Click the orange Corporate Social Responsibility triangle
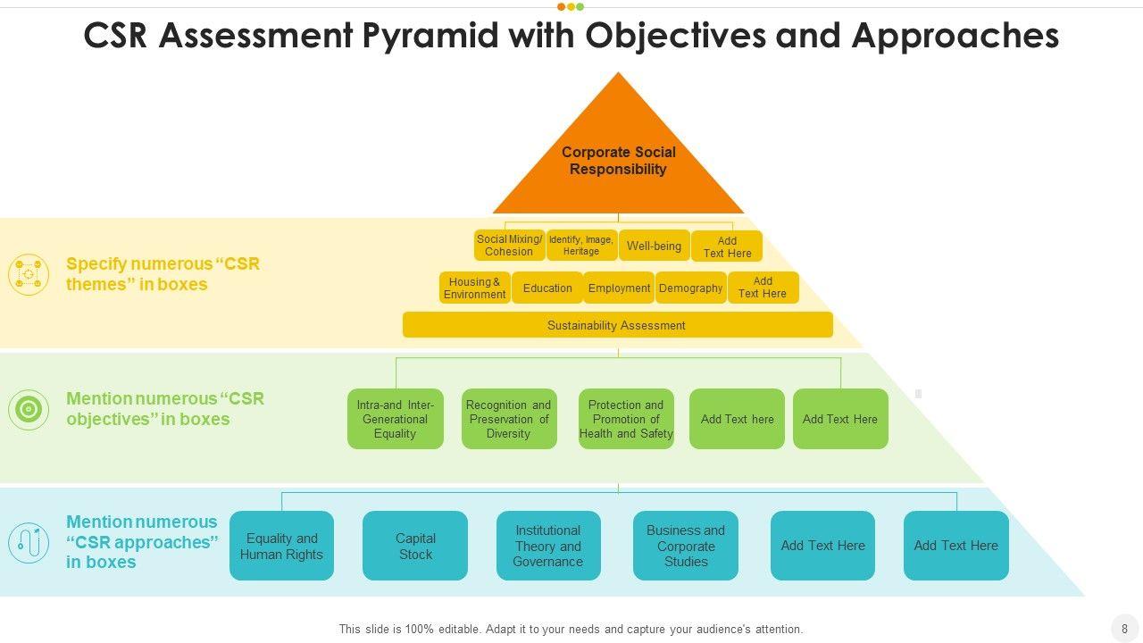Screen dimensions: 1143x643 coord(619,153)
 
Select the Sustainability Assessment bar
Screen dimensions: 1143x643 coord(617,325)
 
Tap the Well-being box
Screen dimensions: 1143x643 coord(655,246)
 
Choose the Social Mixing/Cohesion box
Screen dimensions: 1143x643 coord(509,246)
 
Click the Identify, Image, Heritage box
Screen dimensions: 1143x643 coord(581,246)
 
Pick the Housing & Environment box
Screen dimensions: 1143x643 coord(474,288)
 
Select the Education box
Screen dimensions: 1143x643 coord(547,288)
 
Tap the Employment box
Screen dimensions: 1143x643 coord(619,288)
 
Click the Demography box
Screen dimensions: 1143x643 coord(691,288)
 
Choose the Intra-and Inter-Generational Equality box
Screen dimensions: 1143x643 coord(396,419)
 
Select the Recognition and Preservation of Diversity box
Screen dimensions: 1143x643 coord(509,419)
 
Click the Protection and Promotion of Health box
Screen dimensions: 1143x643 coord(626,419)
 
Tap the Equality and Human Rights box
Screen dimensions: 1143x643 coord(281,546)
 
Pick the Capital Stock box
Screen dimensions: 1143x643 coord(415,546)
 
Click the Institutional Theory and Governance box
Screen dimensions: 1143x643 coord(548,546)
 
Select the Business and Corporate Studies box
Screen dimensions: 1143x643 coord(686,546)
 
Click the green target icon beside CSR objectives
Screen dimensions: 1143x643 coord(29,409)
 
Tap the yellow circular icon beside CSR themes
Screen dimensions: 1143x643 coord(29,274)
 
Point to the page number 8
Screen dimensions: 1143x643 coord(1124,629)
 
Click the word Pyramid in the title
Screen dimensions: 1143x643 coord(430,37)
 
